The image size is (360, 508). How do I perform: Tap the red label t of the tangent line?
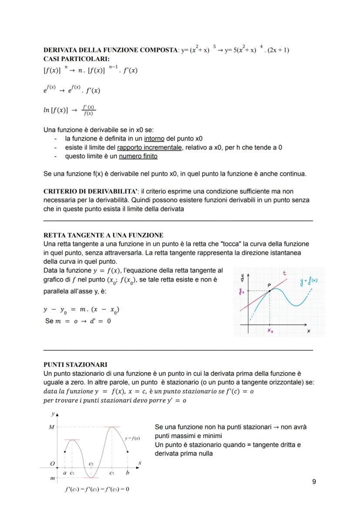(x=285, y=273)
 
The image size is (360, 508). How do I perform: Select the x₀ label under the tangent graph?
(x=270, y=331)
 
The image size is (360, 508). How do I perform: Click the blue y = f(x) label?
(x=309, y=283)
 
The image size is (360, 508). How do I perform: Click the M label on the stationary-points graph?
(x=51, y=427)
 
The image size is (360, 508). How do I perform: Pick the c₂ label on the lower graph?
(x=91, y=464)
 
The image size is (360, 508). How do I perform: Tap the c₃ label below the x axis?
(x=112, y=472)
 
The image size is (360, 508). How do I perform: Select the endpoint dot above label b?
(x=127, y=452)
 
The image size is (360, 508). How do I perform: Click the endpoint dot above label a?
(x=65, y=452)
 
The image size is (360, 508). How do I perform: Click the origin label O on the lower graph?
(x=52, y=464)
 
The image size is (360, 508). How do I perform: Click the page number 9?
(x=314, y=481)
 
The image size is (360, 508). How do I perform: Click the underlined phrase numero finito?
(x=138, y=156)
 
